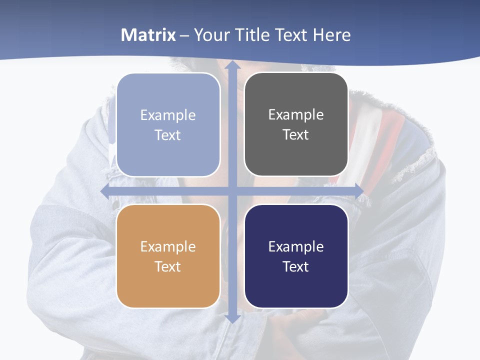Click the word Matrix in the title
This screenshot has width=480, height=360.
click(x=148, y=35)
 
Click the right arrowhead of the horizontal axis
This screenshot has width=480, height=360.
click(x=359, y=191)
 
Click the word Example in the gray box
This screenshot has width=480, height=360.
click(x=296, y=114)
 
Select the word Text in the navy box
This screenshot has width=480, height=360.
click(x=296, y=266)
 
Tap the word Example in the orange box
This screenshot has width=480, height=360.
click(x=168, y=246)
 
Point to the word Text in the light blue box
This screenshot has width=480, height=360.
click(x=168, y=135)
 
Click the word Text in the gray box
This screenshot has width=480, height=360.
click(x=296, y=134)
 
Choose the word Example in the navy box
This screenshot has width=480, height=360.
click(x=296, y=246)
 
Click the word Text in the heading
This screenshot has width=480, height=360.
click(x=291, y=35)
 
